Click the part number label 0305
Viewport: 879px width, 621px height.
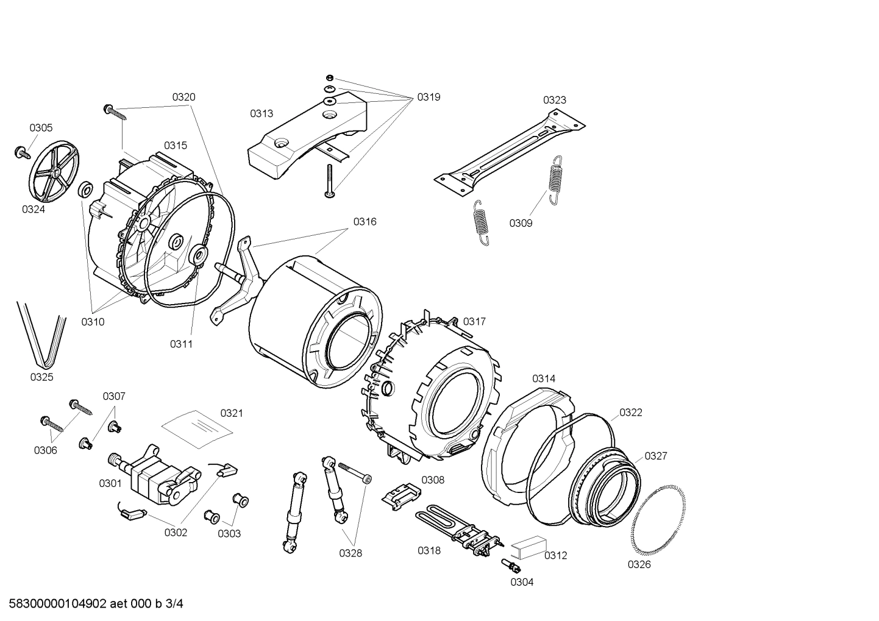pos(41,128)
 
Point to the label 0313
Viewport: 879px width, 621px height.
pos(261,113)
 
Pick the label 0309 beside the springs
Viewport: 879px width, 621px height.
pos(521,224)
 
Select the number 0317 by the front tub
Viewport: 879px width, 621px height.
pos(474,321)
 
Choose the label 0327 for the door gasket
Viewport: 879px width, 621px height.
pos(655,456)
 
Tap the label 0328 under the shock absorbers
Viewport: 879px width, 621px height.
pos(351,553)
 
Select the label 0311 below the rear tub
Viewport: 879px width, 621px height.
pos(181,344)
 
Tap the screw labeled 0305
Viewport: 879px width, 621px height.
pos(23,152)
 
